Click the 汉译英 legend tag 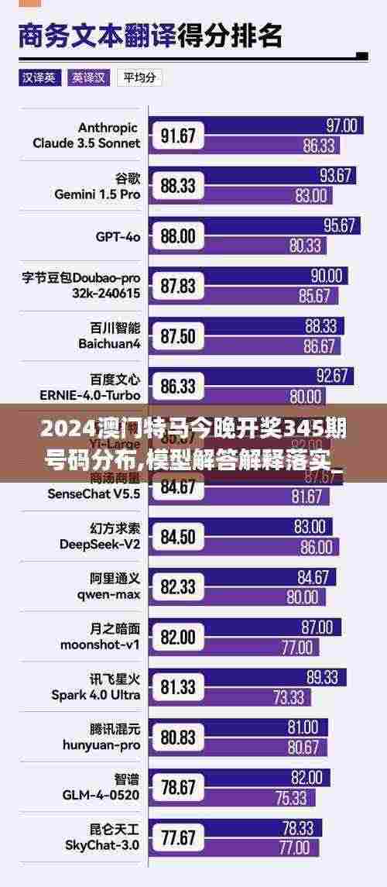coord(39,77)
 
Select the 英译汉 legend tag coord(88,77)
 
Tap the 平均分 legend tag coord(139,77)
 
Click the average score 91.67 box coord(178,136)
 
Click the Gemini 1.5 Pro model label coord(97,186)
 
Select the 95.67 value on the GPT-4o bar coord(338,225)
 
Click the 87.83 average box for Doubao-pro coord(178,286)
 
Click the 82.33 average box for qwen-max coord(178,587)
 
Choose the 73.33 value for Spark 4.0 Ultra coord(288,697)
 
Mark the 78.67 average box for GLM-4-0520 coord(178,788)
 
